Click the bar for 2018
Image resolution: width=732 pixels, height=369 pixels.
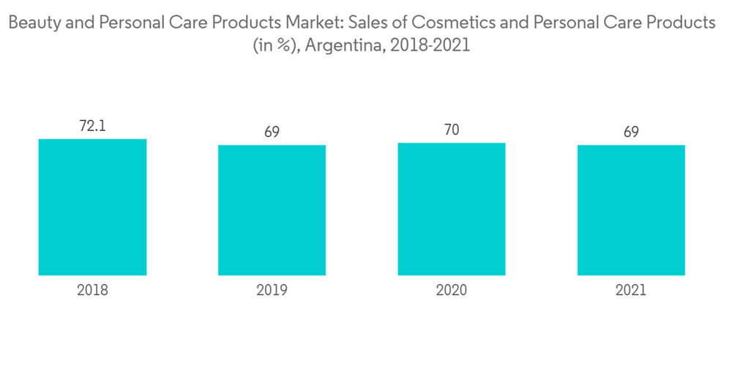[x=92, y=207]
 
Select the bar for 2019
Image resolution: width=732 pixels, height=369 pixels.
[x=272, y=210]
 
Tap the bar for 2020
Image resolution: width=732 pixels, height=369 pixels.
[x=452, y=209]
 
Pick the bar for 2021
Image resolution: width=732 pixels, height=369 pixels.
[x=631, y=210]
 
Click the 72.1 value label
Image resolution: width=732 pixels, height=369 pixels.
[x=92, y=126]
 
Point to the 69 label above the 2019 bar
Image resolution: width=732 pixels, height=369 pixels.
[x=272, y=133]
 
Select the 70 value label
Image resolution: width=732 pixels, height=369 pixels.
[x=452, y=130]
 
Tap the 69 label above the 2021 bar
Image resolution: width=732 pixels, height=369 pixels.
[x=631, y=133]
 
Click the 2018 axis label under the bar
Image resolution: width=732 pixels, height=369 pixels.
[x=92, y=290]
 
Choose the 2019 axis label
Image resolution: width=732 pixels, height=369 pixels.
[x=272, y=290]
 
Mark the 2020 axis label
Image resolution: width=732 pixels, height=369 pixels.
[x=452, y=290]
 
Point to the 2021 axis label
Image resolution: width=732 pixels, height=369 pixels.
[x=631, y=290]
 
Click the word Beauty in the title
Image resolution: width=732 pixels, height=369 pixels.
[x=32, y=23]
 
